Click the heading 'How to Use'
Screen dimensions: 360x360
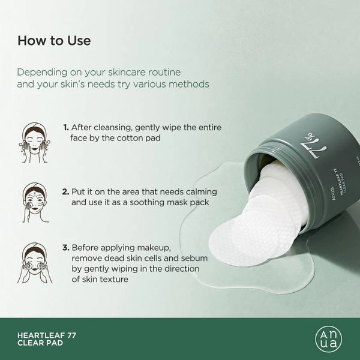click(54, 41)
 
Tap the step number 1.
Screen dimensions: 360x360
click(65, 128)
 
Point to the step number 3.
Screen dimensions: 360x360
click(66, 247)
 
